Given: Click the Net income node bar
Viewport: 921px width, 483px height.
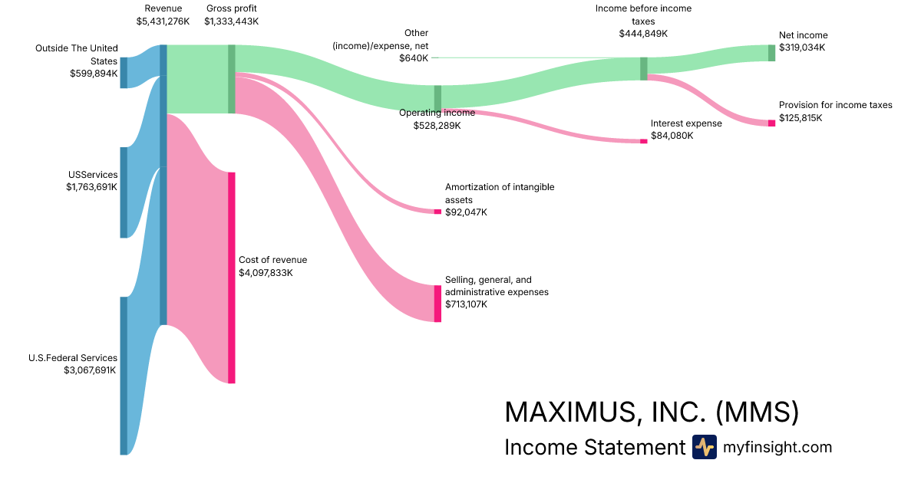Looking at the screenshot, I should (771, 52).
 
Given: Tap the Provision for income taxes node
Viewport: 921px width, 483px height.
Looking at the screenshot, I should (771, 123).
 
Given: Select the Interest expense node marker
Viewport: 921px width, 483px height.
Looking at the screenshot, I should (643, 141).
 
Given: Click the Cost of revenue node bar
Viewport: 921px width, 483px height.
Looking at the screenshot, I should (231, 278).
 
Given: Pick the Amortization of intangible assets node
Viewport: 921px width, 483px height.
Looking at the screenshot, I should (437, 211).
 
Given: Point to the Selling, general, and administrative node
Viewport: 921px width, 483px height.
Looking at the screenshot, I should (437, 304).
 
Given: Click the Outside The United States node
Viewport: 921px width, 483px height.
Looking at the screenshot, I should (124, 72).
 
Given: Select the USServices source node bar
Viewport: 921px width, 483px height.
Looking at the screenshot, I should (124, 192).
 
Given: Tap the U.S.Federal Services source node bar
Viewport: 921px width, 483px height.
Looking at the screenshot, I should (124, 376).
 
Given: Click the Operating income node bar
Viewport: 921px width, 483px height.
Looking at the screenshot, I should (437, 98).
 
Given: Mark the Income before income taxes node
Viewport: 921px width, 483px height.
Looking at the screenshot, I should (644, 68).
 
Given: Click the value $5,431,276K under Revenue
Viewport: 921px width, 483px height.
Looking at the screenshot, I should (163, 21).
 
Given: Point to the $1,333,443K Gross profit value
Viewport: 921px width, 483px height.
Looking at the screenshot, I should (231, 21).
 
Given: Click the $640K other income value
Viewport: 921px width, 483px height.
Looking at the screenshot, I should (414, 58).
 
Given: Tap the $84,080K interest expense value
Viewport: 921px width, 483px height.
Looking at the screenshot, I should (672, 136).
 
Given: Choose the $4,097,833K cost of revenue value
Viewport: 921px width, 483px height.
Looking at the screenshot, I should (266, 272).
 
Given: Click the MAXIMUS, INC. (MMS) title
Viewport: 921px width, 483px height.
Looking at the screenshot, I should (652, 412).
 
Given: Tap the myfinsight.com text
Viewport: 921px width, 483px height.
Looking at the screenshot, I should (777, 447).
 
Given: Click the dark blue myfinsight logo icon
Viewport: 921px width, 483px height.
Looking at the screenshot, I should (704, 447).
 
